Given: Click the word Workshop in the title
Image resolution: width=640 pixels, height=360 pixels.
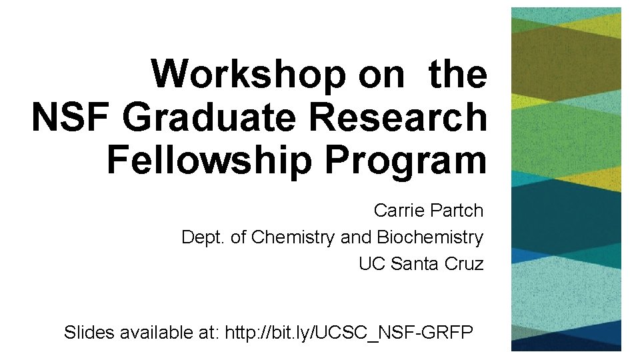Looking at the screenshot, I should point(248,75).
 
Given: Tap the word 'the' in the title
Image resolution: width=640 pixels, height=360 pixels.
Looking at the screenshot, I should point(458,75).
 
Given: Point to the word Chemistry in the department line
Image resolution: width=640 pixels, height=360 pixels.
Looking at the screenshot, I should point(293,237).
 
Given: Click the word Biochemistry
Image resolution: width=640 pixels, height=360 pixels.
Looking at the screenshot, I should point(430,237).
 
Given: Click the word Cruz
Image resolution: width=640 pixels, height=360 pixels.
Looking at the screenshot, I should point(464,264).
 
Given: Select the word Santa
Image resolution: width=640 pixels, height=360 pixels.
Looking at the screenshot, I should point(414,264).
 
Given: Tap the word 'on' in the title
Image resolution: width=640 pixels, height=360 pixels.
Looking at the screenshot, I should point(381,75).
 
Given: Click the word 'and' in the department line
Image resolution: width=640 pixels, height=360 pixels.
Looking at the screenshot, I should point(357,237).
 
